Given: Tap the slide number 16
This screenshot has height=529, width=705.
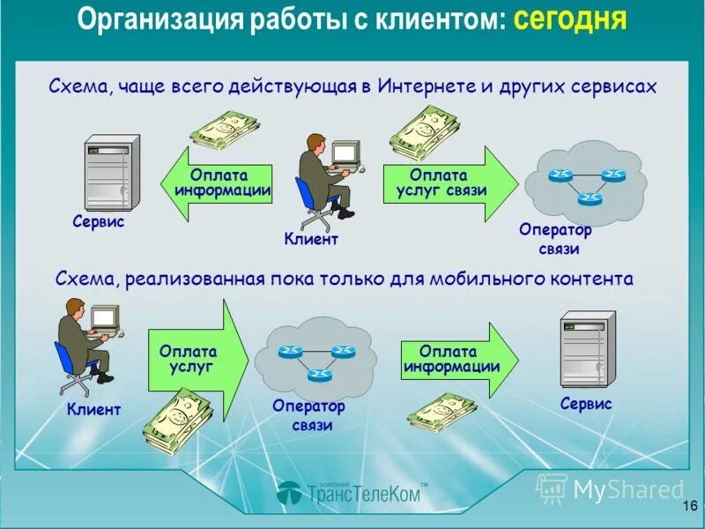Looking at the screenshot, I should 688,505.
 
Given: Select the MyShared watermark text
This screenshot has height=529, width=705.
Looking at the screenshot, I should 628,489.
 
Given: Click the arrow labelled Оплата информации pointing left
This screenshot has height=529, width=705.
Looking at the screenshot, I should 216,184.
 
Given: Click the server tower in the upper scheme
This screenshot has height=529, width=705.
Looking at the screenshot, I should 110,171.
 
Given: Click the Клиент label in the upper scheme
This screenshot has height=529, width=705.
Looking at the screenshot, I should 311,239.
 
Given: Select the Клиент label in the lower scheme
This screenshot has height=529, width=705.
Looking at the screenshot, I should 93,410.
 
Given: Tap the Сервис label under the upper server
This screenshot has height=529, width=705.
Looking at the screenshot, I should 98,223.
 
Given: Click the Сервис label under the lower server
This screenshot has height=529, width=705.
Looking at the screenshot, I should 585,404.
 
